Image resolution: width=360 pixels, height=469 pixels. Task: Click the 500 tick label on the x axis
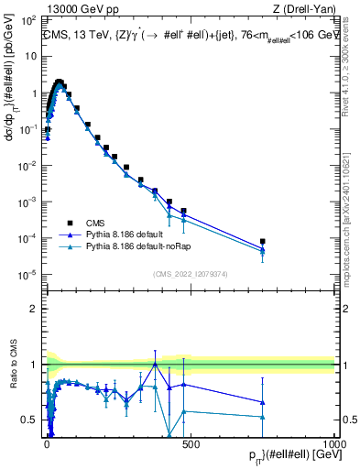[191, 442]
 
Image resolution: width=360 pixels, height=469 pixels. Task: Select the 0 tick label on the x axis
[47, 442]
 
